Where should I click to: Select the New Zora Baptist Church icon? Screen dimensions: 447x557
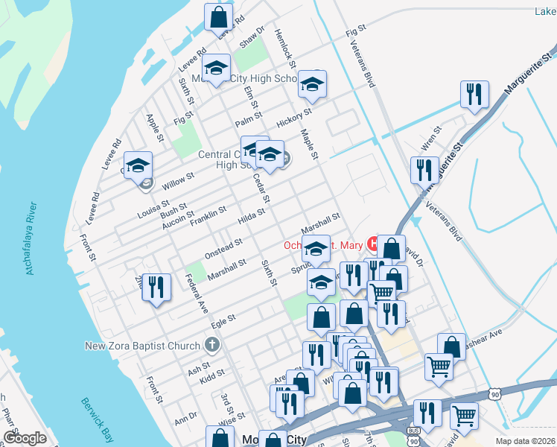coord(212,345)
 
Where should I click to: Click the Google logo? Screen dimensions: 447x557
coord(25,438)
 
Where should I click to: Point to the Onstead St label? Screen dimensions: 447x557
coord(224,248)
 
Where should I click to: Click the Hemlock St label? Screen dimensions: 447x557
coord(285,50)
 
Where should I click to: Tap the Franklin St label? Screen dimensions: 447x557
coord(208,217)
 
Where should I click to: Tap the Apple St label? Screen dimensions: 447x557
coord(155,127)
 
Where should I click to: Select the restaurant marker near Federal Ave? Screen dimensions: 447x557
coord(156,288)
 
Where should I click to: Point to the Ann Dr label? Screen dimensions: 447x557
coord(185,419)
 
